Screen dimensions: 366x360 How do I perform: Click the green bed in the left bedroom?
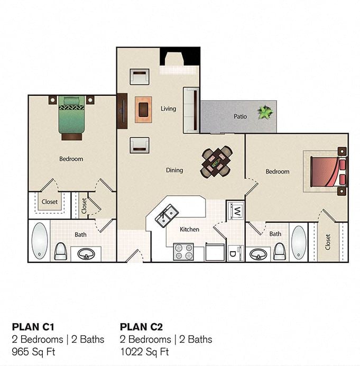coord(71,117)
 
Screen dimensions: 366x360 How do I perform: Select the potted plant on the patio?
coord(265,112)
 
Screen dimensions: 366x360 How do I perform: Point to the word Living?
coord(168,109)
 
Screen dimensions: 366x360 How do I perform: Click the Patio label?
coord(241,116)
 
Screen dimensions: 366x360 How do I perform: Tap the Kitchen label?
coord(189,230)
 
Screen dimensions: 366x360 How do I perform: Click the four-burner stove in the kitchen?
coord(184,252)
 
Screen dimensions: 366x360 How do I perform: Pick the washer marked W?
coord(236,211)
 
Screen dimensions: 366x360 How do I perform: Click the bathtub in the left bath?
coord(39,240)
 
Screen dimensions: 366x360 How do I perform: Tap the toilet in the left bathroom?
coord(61,251)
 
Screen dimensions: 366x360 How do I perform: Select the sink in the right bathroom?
coord(259,254)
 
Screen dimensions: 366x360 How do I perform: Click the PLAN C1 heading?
coord(33,326)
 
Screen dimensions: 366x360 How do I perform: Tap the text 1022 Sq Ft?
coord(144,351)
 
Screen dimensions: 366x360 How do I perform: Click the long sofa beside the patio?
coord(191,109)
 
